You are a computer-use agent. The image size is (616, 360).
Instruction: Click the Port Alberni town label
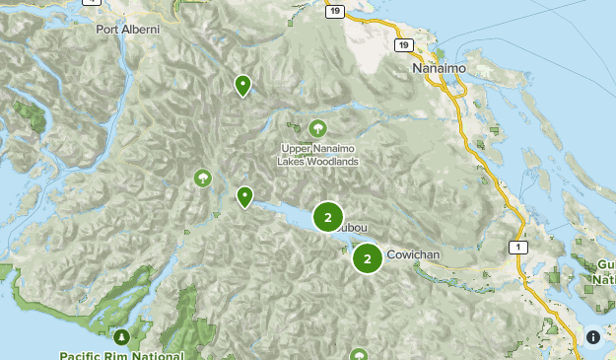(127, 30)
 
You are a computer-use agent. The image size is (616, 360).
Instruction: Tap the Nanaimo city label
(436, 70)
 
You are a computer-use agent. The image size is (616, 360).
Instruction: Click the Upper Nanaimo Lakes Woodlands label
(317, 155)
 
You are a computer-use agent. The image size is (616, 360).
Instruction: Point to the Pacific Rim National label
(121, 354)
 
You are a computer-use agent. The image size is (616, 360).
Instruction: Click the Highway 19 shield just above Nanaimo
(403, 45)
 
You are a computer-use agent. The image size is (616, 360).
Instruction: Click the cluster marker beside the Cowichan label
(368, 258)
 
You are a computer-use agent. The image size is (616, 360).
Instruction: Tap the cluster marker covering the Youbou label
(328, 217)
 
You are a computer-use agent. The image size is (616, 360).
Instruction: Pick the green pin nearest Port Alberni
(242, 86)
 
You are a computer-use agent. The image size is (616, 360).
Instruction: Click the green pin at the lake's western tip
(244, 197)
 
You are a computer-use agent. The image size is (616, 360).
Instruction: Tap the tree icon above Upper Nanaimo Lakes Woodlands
(317, 128)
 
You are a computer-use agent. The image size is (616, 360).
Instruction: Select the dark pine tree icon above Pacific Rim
(121, 337)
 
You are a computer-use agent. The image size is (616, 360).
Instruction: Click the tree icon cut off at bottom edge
(360, 354)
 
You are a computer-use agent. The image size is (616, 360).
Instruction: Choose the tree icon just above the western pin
(203, 178)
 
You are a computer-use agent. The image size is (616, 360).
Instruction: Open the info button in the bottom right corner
(593, 337)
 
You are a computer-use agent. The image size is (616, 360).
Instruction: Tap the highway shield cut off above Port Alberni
(93, 2)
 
